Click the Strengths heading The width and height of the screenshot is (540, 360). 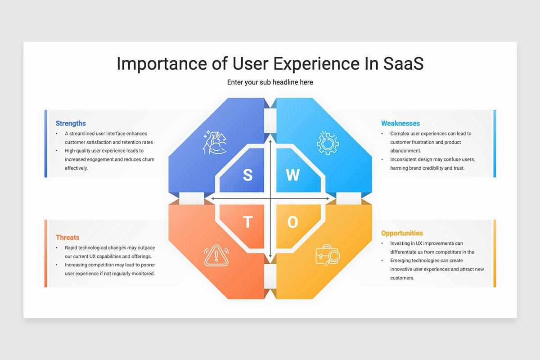point(71,123)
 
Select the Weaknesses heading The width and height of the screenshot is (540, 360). point(400,123)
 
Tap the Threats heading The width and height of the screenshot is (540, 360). point(67,237)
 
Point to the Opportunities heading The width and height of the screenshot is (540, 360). point(402,233)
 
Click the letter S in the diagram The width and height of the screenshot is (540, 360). point(247,175)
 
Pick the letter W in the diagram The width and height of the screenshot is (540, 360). point(292,175)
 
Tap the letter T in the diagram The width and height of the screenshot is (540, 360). point(247,222)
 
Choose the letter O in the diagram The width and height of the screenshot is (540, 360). point(292,222)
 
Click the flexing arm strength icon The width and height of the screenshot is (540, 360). point(215,142)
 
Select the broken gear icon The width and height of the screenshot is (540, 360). point(328,143)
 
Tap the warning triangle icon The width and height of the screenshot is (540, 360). point(216,255)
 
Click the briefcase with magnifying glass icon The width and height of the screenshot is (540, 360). point(328,255)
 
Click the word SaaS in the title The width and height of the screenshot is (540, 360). point(403,63)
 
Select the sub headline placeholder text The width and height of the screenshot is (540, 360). point(270,82)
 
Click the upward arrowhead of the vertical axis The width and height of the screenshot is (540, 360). point(270,141)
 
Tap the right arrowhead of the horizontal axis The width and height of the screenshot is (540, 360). point(328,198)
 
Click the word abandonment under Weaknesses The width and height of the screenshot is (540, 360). point(406,151)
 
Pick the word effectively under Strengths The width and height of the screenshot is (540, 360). point(76,168)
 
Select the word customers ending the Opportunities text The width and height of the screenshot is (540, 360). point(402,278)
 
